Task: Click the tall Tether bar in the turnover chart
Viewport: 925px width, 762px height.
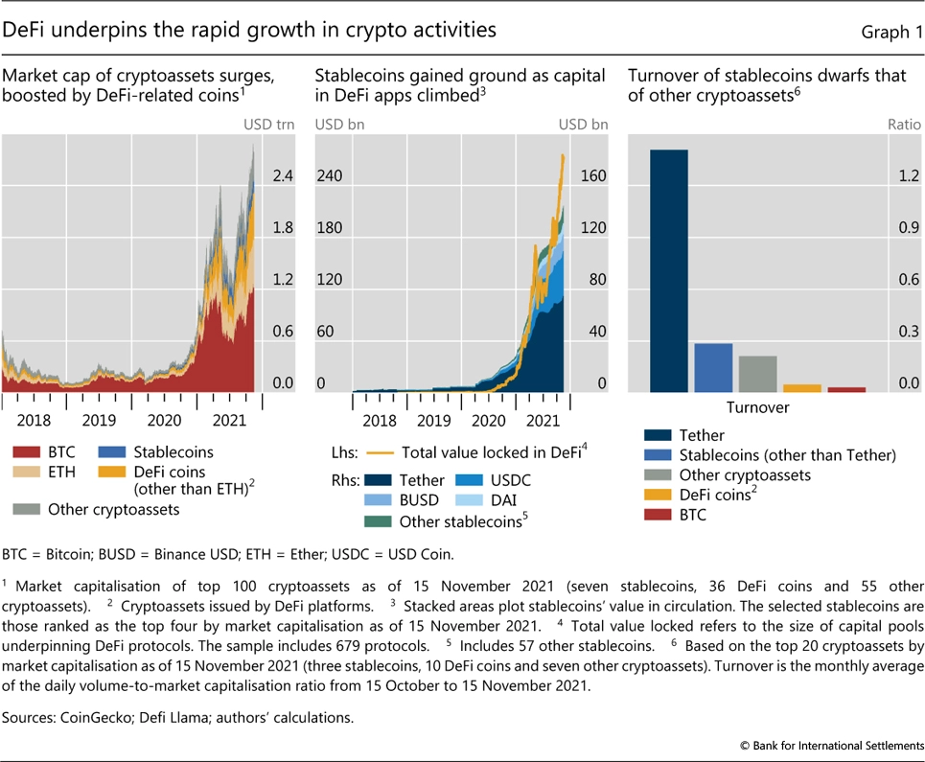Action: coord(668,270)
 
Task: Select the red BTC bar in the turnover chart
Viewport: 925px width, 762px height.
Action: coord(846,389)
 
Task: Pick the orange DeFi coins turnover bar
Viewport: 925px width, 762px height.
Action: coord(801,387)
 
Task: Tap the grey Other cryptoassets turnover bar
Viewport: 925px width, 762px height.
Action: coord(757,374)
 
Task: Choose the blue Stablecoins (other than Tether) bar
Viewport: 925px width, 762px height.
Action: coord(713,367)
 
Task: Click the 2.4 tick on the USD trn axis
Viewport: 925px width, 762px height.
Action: coord(282,176)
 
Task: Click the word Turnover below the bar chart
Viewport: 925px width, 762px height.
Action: coord(757,407)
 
